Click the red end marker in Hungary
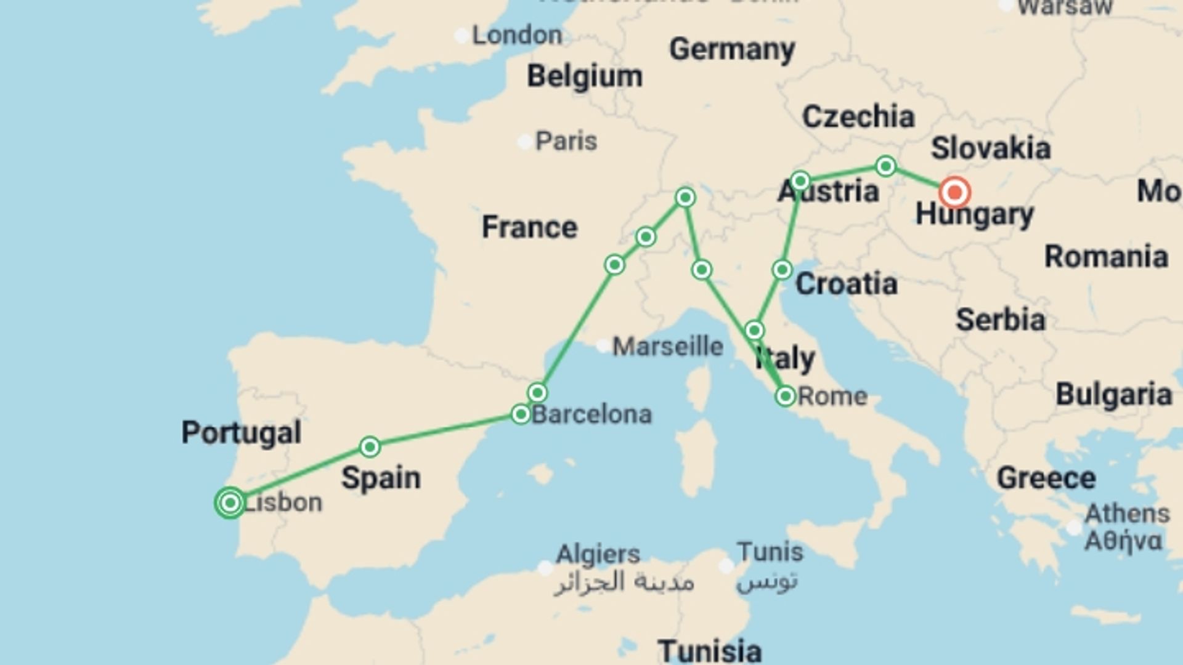pyautogui.click(x=954, y=192)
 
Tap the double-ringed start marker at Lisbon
pyautogui.click(x=230, y=502)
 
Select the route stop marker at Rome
pyautogui.click(x=786, y=396)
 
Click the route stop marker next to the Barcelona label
pyautogui.click(x=521, y=414)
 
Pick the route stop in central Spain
pyautogui.click(x=370, y=446)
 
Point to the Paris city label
pyautogui.click(x=566, y=141)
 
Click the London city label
pyautogui.click(x=516, y=35)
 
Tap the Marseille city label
pyautogui.click(x=667, y=346)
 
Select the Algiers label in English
pyautogui.click(x=598, y=554)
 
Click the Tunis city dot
pyautogui.click(x=726, y=565)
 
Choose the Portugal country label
pyautogui.click(x=241, y=432)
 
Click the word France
pyautogui.click(x=529, y=227)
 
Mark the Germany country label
pyautogui.click(x=731, y=49)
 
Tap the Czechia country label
pyautogui.click(x=858, y=116)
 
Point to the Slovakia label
pyautogui.click(x=990, y=148)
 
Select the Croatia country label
pyautogui.click(x=846, y=284)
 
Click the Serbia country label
pyautogui.click(x=1000, y=320)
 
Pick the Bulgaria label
pyautogui.click(x=1113, y=395)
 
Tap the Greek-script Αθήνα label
pyautogui.click(x=1123, y=541)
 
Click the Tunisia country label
pyautogui.click(x=709, y=650)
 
